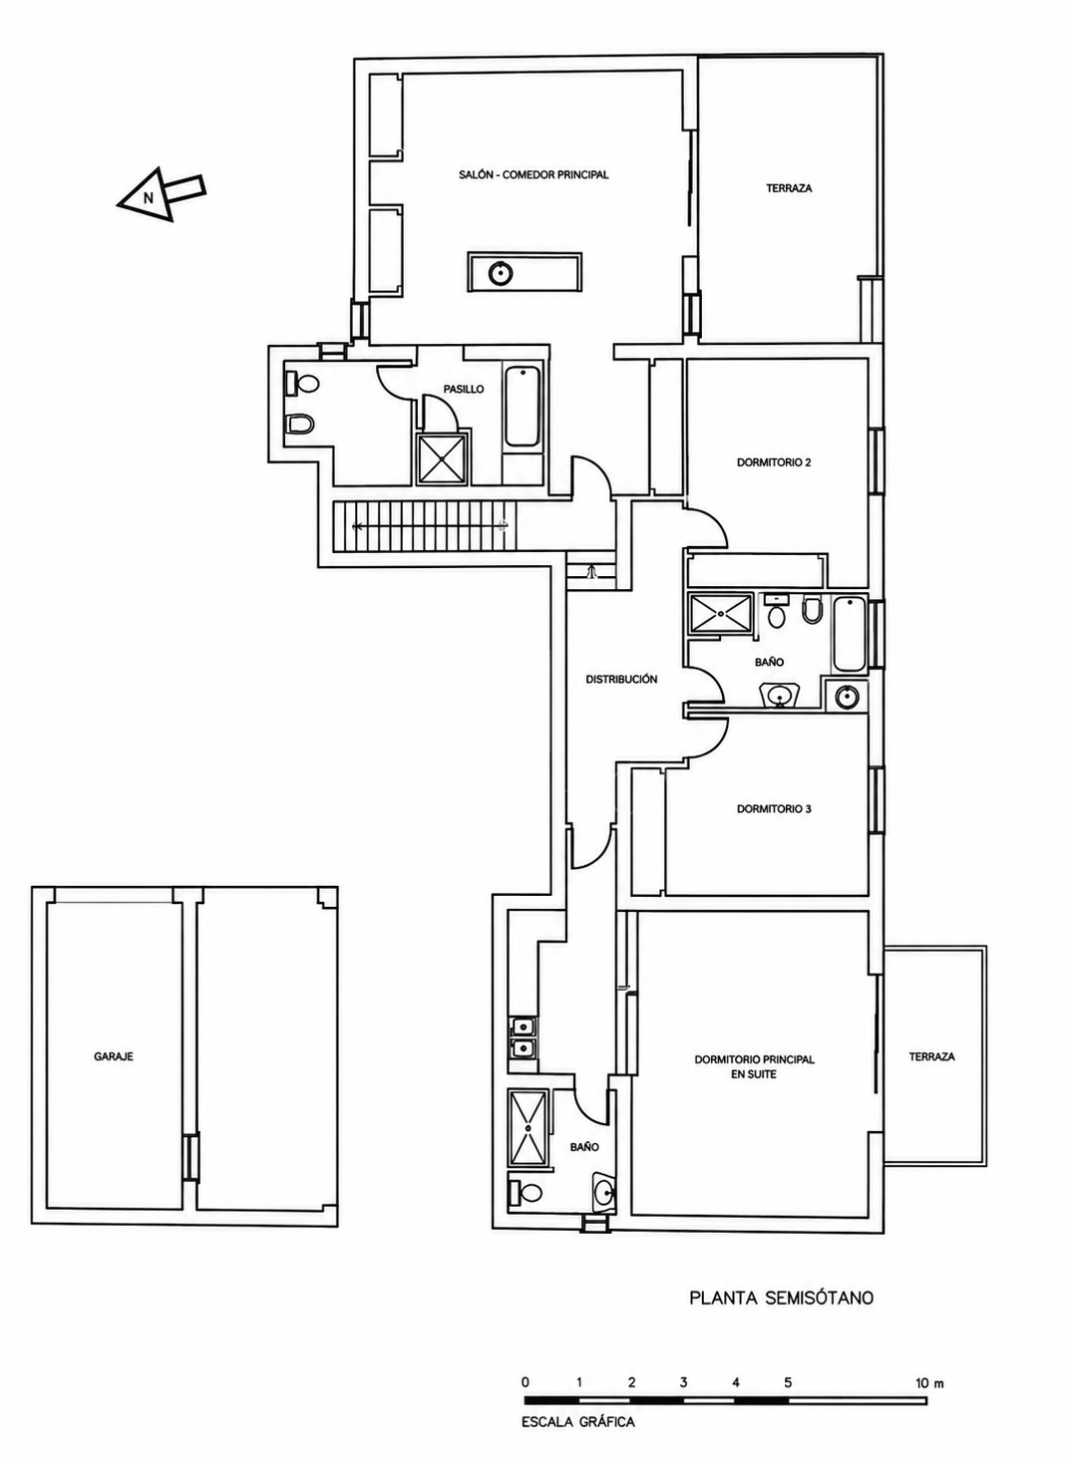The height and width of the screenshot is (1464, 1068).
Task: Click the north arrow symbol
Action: pos(161,194)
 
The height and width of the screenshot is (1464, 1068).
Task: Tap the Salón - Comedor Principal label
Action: pos(534,174)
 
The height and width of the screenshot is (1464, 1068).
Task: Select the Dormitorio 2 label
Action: pos(774,462)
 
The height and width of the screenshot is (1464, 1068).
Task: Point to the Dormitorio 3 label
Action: pos(774,808)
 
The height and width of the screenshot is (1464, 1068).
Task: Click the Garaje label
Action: pos(113,1055)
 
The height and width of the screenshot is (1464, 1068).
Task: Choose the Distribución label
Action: pos(621,679)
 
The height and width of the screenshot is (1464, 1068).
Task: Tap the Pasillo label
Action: pos(464,389)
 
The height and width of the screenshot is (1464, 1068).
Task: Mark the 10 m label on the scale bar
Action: pos(929,1378)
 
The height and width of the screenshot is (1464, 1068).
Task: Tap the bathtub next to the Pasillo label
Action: pos(523,407)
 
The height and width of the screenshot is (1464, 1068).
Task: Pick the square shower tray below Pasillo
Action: pos(443,458)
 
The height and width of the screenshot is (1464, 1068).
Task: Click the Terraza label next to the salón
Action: pos(790,188)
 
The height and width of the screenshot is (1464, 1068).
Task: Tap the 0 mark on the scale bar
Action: pos(526,1378)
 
